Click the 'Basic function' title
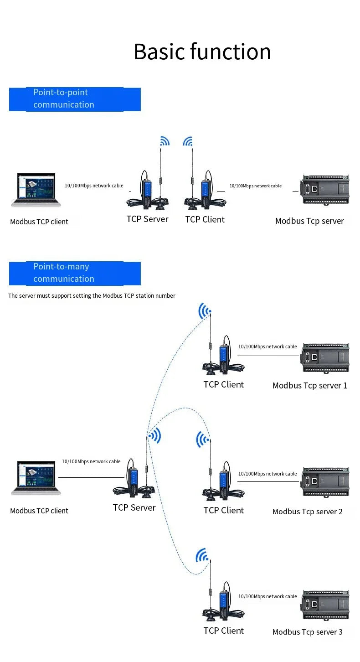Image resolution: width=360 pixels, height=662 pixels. [202, 52]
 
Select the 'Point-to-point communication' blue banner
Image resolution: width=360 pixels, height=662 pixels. [75, 99]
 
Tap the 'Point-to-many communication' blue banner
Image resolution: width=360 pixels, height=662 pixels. [75, 274]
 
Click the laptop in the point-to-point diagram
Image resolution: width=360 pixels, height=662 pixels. [36, 190]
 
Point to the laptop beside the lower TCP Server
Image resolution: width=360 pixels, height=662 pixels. [36, 478]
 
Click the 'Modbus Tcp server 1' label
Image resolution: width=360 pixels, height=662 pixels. [310, 385]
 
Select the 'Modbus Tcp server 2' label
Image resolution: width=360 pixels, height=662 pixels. [308, 512]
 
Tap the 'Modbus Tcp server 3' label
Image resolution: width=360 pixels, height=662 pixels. [308, 632]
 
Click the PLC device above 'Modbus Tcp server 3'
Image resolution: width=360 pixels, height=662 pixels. [324, 605]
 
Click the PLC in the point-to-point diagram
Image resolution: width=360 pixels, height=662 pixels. [324, 190]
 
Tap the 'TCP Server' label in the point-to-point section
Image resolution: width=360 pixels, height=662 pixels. [147, 219]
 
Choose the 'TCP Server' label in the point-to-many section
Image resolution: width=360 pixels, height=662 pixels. [134, 507]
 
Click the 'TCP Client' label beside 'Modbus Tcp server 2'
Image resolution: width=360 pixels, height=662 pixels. [224, 510]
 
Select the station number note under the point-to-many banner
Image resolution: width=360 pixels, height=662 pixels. [92, 295]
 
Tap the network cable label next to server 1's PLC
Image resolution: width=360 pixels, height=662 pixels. [267, 347]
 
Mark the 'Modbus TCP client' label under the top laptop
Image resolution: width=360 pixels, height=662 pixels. [39, 222]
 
